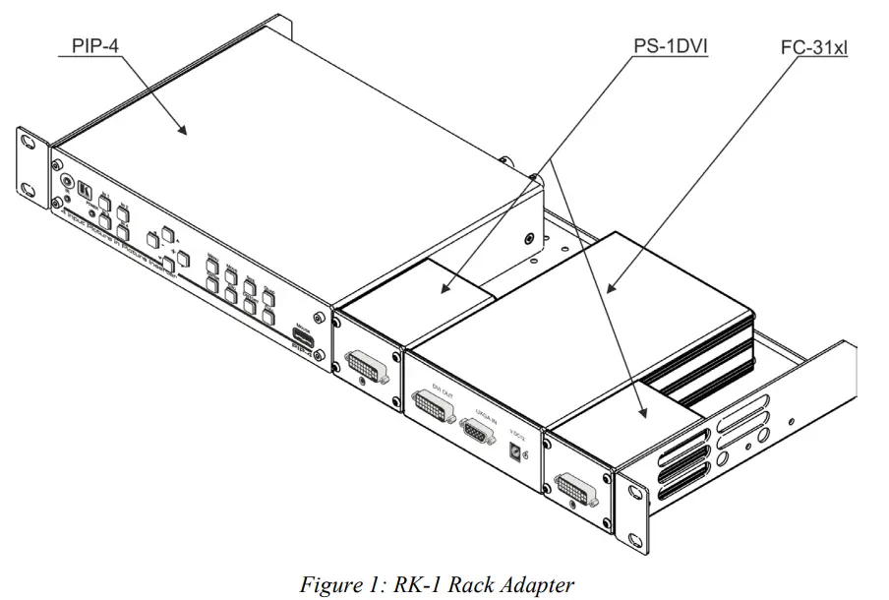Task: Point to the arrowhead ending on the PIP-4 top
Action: coord(182,131)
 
